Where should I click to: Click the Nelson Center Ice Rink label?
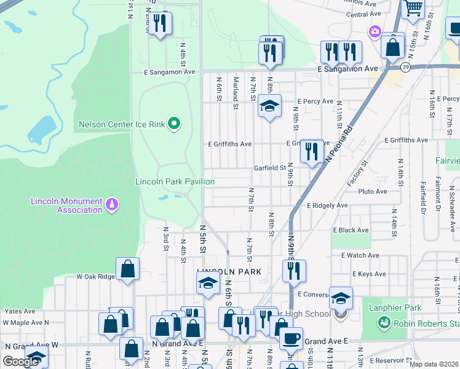pyautogui.click(x=122, y=125)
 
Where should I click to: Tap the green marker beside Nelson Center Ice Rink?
pyautogui.click(x=174, y=125)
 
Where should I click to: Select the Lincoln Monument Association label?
pyautogui.click(x=68, y=206)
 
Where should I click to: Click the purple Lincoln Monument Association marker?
pyautogui.click(x=111, y=204)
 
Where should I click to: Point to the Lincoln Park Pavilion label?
pyautogui.click(x=175, y=181)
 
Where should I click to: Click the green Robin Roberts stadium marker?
pyautogui.click(x=384, y=322)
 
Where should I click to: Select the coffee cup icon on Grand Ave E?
pyautogui.click(x=291, y=338)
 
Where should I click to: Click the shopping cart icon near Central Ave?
pyautogui.click(x=413, y=8)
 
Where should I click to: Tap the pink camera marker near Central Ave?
pyautogui.click(x=375, y=31)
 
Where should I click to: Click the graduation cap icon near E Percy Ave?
pyautogui.click(x=269, y=106)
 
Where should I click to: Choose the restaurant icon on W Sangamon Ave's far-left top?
pyautogui.click(x=160, y=23)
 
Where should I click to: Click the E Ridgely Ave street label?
pyautogui.click(x=326, y=205)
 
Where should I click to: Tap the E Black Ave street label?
pyautogui.click(x=351, y=230)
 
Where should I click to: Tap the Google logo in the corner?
pyautogui.click(x=20, y=362)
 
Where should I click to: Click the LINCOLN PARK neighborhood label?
pyautogui.click(x=229, y=271)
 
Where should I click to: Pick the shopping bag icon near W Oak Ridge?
pyautogui.click(x=127, y=269)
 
